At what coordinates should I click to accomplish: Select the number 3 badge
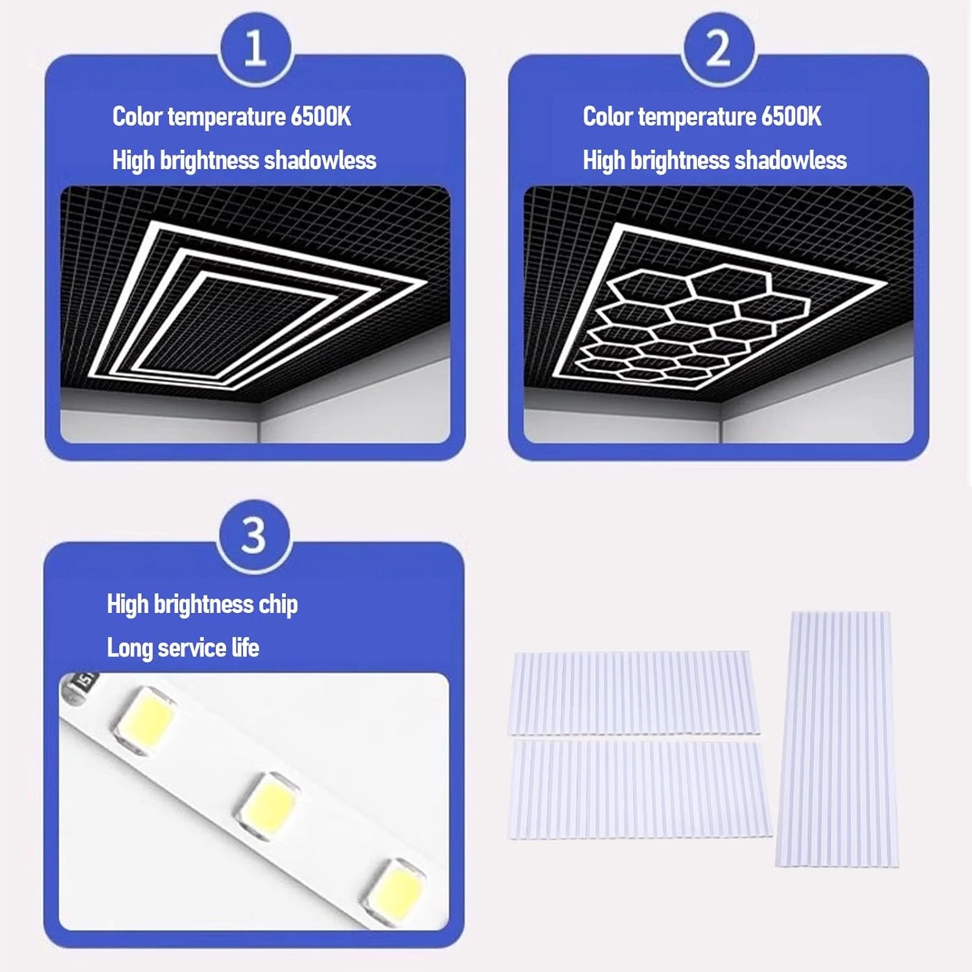pyautogui.click(x=253, y=535)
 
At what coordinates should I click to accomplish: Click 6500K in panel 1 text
pyautogui.click(x=321, y=117)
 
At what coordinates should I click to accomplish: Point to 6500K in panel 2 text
pyautogui.click(x=791, y=117)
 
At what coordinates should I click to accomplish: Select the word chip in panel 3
pyautogui.click(x=278, y=605)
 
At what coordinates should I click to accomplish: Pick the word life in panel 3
pyautogui.click(x=245, y=647)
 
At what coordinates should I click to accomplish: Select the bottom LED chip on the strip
pyautogui.click(x=394, y=886)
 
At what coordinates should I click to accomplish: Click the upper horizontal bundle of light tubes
pyautogui.click(x=634, y=693)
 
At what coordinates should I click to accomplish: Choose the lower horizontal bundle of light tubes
pyautogui.click(x=640, y=790)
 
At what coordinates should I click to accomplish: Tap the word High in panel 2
pyautogui.click(x=604, y=161)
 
